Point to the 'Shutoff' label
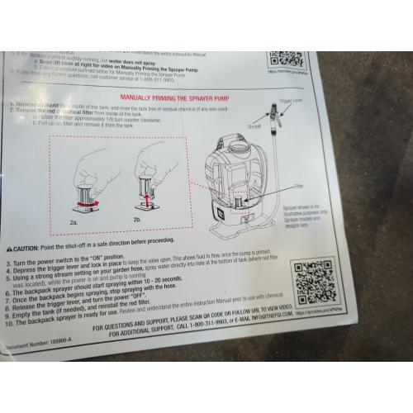(x=254, y=127)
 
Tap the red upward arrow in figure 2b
(x=147, y=200)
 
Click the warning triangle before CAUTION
(x=9, y=248)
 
